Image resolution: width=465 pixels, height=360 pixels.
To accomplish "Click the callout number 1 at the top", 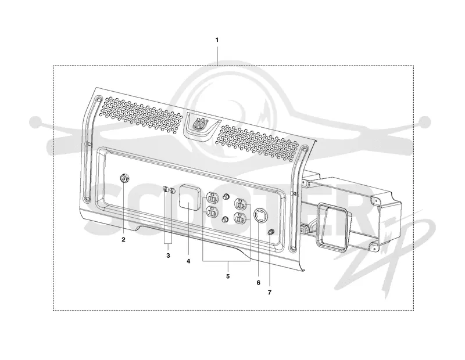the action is pos(217,40).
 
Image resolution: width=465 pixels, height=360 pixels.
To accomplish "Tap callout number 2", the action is pos(123,240).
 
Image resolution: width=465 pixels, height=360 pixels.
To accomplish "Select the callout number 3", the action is pos(168,255).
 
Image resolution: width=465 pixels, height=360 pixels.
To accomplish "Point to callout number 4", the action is pos(188,261).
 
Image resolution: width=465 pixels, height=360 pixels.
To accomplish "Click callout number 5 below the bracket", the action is pos(228,276).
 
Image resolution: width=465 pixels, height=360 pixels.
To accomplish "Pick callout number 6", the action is pos(258,283).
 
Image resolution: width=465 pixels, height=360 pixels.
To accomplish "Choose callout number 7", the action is pos(270,293).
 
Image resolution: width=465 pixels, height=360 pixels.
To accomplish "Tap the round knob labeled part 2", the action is pos(124,178).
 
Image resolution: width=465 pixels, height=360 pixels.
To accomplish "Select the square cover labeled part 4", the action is pos(188,197).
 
